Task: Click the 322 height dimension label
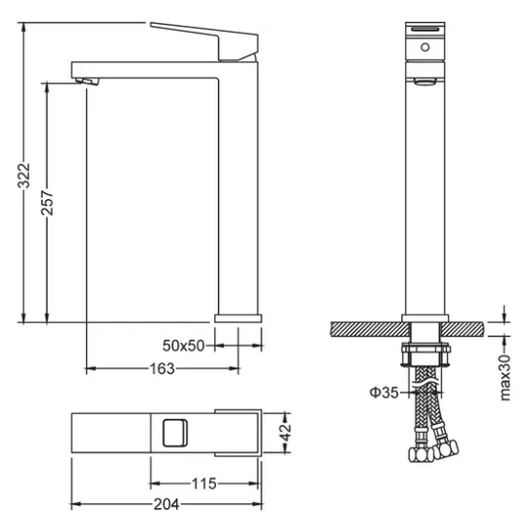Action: (x=24, y=175)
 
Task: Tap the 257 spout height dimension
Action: (x=48, y=203)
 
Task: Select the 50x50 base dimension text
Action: (x=183, y=346)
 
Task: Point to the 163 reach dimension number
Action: (x=162, y=368)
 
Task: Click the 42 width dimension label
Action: (x=286, y=432)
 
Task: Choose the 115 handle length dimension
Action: (x=204, y=484)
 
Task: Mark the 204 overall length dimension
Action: (x=166, y=504)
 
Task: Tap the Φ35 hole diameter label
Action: (x=383, y=392)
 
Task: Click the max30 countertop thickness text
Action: (x=505, y=377)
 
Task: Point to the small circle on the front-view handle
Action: (x=425, y=48)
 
